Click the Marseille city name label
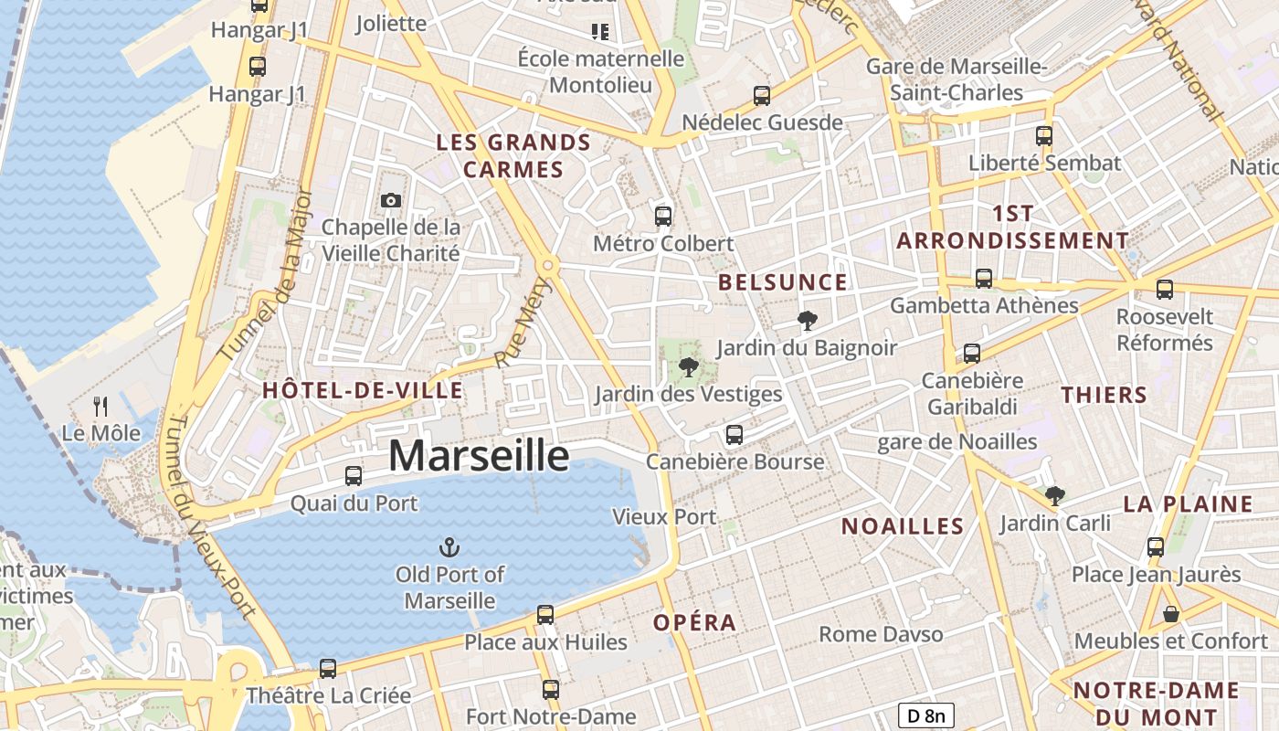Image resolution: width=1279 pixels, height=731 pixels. [x=479, y=455]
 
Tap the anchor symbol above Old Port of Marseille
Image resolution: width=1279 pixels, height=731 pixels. [x=449, y=547]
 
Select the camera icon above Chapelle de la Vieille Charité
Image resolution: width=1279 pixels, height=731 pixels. [x=390, y=200]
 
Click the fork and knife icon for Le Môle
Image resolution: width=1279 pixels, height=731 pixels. [x=101, y=407]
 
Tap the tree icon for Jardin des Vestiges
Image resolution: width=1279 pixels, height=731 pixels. [x=688, y=367]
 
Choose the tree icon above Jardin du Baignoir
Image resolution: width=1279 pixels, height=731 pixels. [x=807, y=321]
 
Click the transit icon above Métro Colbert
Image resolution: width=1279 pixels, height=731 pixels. [x=663, y=217]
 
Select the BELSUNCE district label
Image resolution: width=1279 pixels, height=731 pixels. [x=783, y=282]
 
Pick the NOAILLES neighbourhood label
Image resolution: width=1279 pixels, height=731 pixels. [x=903, y=526]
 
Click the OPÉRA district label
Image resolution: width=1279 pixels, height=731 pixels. [x=694, y=623]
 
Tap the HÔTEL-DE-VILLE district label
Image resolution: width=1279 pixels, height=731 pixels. [x=363, y=391]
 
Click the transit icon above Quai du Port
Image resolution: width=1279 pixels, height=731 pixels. [x=354, y=476]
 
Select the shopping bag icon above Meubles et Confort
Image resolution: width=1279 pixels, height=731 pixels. [x=1170, y=614]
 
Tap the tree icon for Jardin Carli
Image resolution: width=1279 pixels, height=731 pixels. [x=1055, y=496]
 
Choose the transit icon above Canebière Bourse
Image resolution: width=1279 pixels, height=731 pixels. [x=735, y=435]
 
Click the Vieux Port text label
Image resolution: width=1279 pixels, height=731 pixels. [x=664, y=516]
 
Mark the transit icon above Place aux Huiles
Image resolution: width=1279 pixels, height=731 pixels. [x=545, y=615]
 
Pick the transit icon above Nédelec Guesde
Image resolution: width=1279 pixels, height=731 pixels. [x=762, y=96]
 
